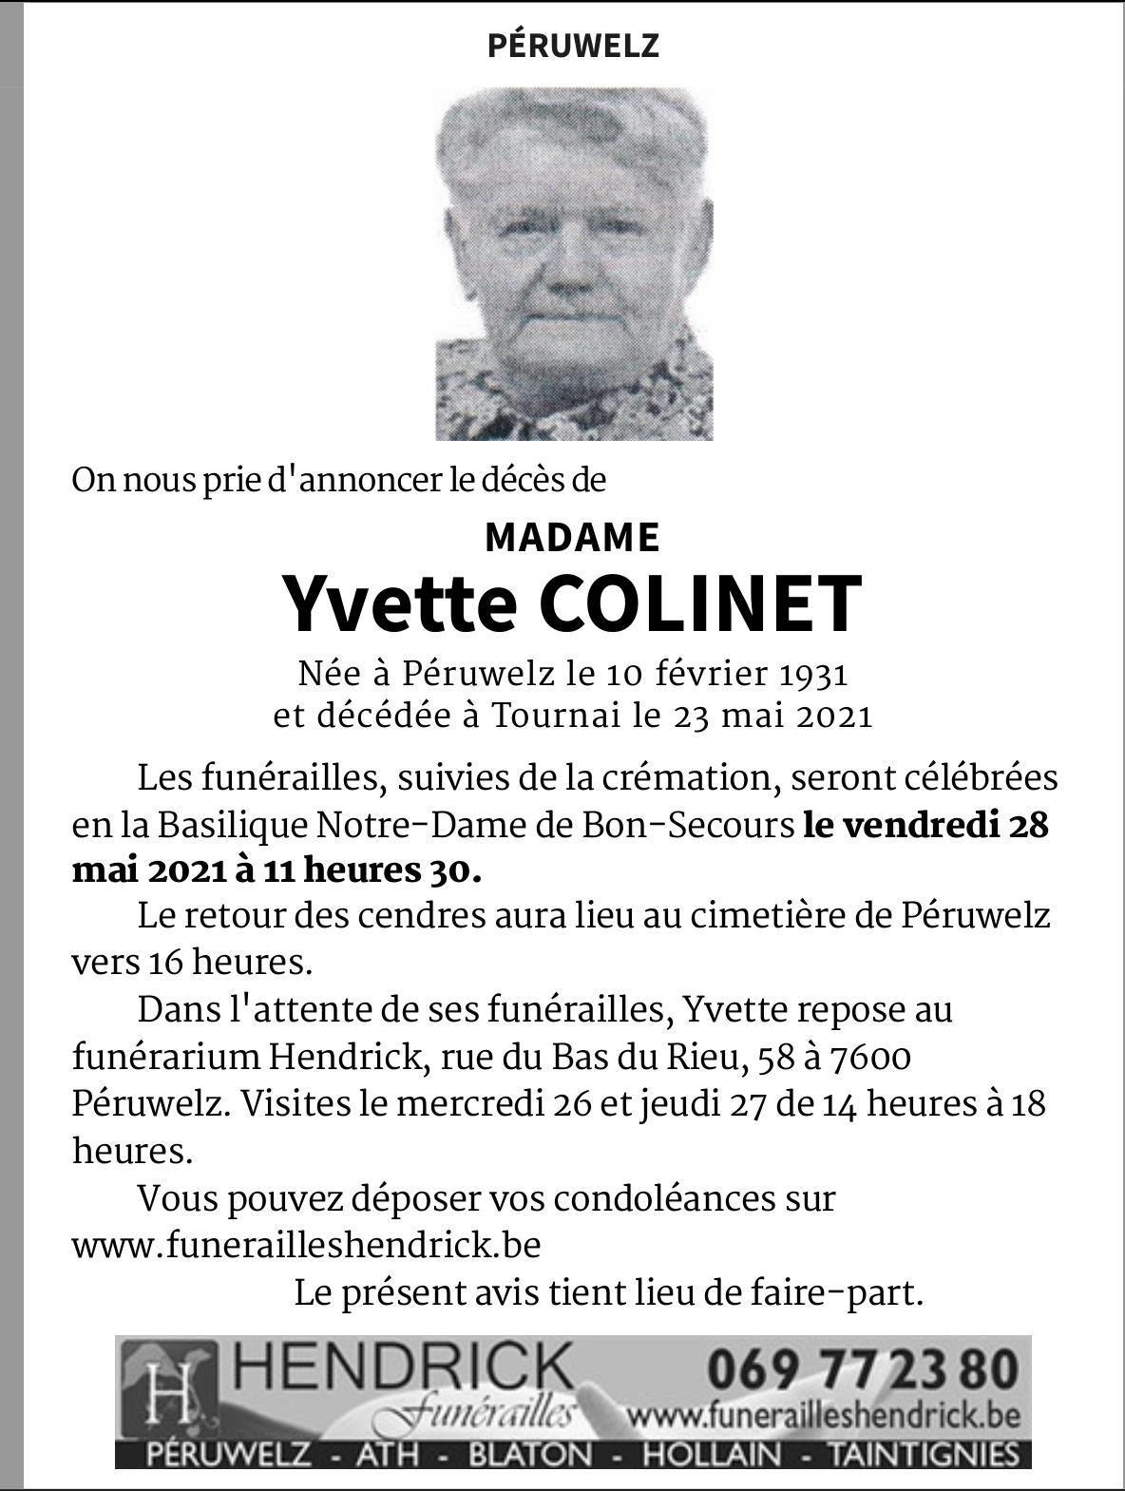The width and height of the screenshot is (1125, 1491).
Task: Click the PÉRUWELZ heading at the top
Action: (x=572, y=46)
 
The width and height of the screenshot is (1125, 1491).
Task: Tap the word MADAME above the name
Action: (x=572, y=538)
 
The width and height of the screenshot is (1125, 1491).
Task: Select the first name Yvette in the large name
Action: (x=399, y=604)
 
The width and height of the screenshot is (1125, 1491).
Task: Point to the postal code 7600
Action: (x=866, y=1057)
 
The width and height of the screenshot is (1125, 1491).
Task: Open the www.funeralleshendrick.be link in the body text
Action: (x=307, y=1244)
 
